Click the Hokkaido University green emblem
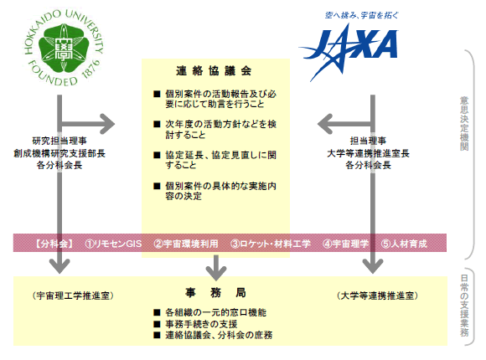pos(64,47)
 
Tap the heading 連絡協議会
pos(214,71)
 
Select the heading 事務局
pos(215,292)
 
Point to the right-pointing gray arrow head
pos(107,124)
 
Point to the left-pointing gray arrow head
pos(325,124)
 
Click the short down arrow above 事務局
pos(216,268)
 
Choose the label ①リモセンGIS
pos(113,244)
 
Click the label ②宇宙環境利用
pos(186,244)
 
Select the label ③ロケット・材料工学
pos(271,244)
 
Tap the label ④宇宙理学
pos(345,244)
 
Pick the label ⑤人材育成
pos(404,244)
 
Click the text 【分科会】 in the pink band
pos(54,244)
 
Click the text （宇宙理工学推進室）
pos(73,296)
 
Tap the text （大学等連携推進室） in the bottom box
pos(377,296)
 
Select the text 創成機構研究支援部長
pos(59,153)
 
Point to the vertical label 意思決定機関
pos(464,123)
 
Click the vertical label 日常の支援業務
pos(464,306)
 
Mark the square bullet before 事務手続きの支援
pos(157,324)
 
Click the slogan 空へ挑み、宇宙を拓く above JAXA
pos(361,15)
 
